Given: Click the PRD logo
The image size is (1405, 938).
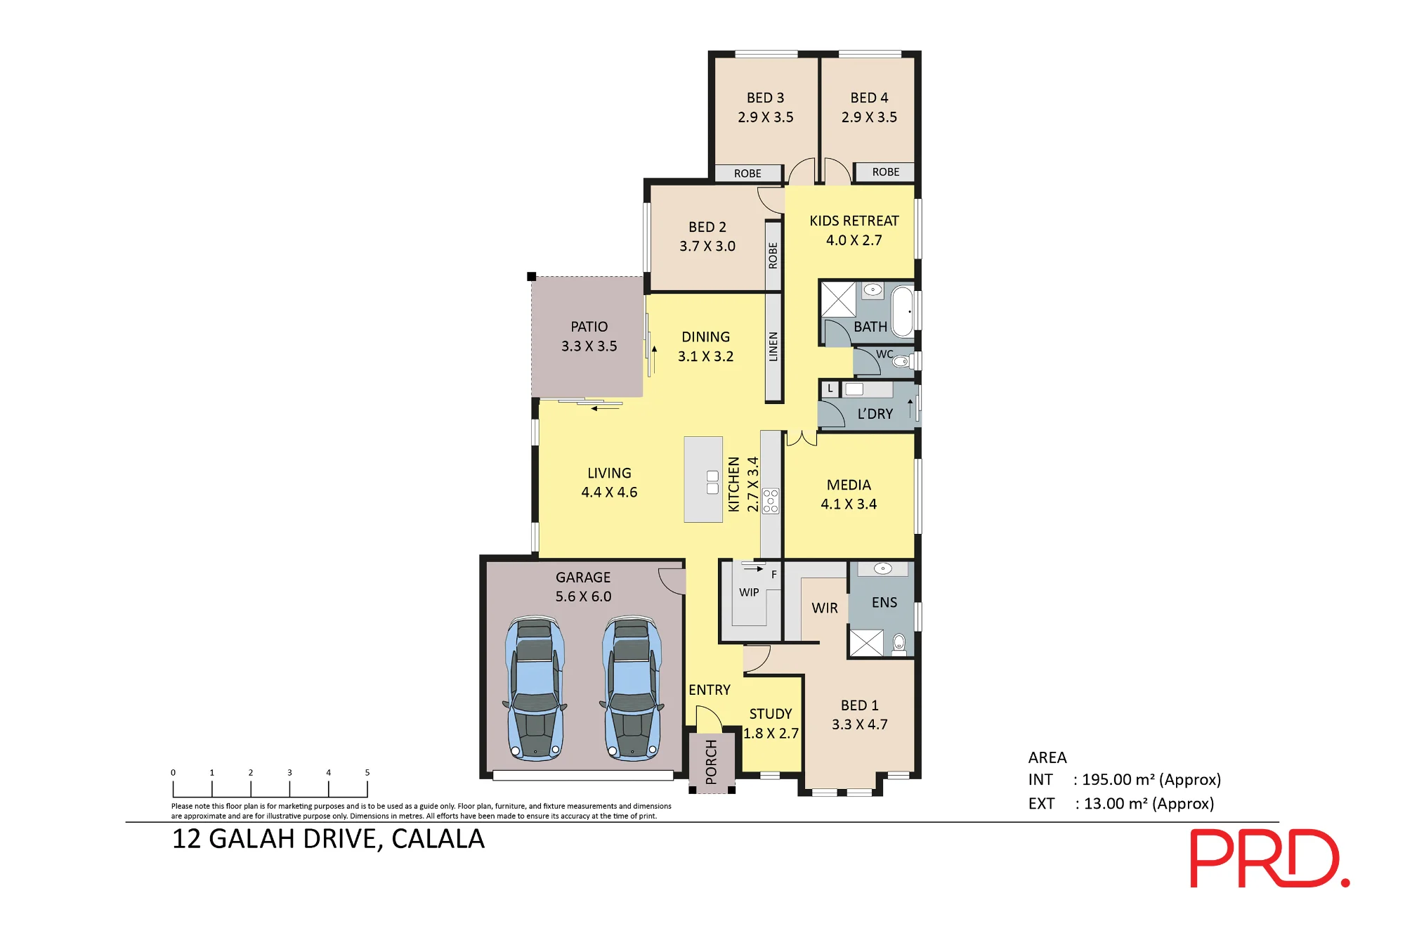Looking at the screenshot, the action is [1269, 858].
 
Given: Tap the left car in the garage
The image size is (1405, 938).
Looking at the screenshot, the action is [535, 689].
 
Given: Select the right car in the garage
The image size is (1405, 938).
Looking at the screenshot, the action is [632, 689].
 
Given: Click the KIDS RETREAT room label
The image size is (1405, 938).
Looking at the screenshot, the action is [854, 221].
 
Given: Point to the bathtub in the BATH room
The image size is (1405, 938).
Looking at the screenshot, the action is [903, 311].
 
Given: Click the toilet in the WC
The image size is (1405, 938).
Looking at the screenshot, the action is [901, 361].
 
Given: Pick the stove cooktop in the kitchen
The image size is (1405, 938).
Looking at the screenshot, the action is [771, 501].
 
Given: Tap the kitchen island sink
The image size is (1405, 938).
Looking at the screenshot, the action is [712, 482].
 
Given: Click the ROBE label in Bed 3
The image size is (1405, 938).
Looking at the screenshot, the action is [747, 174].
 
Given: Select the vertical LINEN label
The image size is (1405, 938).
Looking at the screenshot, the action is [773, 346].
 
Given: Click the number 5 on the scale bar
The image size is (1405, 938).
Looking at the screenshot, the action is [367, 772].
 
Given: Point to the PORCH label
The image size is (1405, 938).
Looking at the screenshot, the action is [711, 762].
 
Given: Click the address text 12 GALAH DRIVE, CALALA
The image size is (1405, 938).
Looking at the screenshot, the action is [328, 839].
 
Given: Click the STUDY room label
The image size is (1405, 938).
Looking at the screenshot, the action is [771, 714].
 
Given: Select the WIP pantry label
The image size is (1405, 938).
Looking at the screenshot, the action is [749, 592].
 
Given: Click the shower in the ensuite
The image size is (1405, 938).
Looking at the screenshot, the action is [866, 643].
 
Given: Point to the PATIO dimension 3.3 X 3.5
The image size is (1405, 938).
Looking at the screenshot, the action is [589, 346].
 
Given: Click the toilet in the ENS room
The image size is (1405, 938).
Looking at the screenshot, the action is [898, 642].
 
